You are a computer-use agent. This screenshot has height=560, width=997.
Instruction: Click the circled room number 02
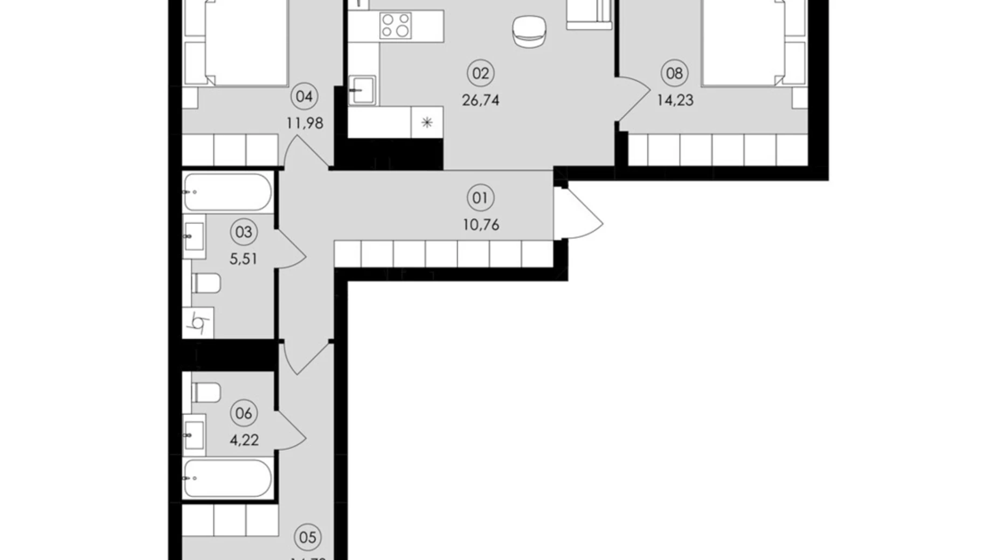(480, 73)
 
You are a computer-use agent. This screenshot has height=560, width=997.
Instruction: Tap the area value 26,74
(480, 100)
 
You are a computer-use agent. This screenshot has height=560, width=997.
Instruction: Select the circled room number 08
(674, 73)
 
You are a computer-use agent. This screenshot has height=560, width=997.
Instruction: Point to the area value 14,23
(675, 100)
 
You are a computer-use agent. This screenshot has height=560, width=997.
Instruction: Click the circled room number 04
(304, 97)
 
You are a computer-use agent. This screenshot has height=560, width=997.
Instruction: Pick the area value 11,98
(304, 123)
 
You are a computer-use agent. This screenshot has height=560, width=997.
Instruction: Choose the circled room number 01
(480, 198)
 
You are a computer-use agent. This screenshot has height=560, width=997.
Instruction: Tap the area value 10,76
(481, 225)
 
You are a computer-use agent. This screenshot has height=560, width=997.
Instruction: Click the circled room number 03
(244, 232)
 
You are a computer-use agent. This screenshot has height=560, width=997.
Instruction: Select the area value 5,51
(244, 259)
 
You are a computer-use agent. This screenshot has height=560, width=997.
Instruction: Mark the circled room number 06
(244, 414)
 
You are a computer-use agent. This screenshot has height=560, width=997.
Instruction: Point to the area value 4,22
(244, 440)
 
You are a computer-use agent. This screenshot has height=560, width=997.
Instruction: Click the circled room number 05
(308, 537)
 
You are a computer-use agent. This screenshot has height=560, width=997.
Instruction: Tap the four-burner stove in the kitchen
(395, 26)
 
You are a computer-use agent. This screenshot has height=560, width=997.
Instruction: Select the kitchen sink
(362, 90)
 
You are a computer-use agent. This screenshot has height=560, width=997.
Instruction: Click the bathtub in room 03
(227, 192)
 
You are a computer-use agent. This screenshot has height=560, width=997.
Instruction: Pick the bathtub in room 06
(227, 478)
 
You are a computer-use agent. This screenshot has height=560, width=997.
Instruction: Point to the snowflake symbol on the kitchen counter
(427, 123)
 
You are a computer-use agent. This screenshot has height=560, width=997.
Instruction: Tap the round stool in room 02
(529, 31)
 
